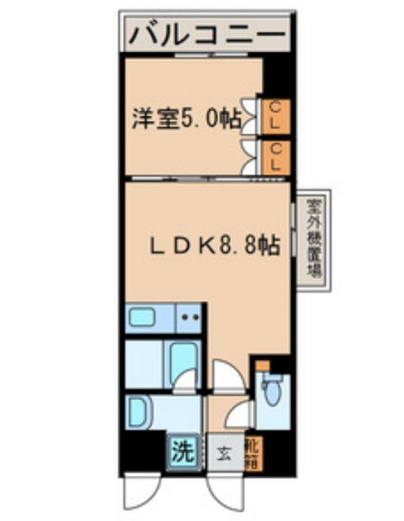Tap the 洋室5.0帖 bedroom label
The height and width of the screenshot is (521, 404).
point(187,119)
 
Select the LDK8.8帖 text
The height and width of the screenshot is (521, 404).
point(215,246)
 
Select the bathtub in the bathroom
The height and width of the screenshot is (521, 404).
point(181,363)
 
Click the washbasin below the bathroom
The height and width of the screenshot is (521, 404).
point(142,410)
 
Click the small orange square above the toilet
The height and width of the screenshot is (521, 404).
point(262,366)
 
